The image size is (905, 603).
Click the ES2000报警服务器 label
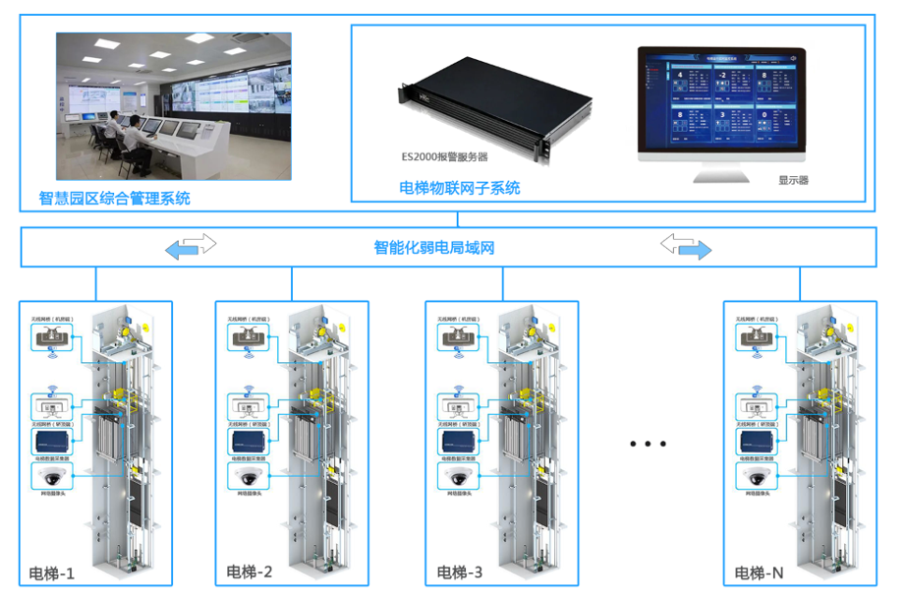pyautogui.click(x=444, y=156)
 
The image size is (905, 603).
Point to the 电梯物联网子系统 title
pyautogui.click(x=460, y=188)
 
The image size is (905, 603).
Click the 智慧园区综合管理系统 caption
pyautogui.click(x=114, y=199)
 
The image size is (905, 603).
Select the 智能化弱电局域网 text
pyautogui.click(x=434, y=247)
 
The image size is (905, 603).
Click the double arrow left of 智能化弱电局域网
pyautogui.click(x=191, y=246)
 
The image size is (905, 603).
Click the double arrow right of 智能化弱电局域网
pyautogui.click(x=686, y=246)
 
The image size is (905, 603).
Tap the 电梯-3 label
pyautogui.click(x=460, y=573)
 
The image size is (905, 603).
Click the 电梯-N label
pyautogui.click(x=760, y=573)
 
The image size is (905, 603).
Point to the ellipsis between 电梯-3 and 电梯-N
pyautogui.click(x=648, y=444)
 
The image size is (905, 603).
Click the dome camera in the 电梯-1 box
pyautogui.click(x=52, y=477)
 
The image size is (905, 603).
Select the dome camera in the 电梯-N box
pyautogui.click(x=755, y=477)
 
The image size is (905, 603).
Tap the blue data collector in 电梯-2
pyautogui.click(x=250, y=440)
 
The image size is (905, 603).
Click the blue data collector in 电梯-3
pyautogui.click(x=459, y=440)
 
